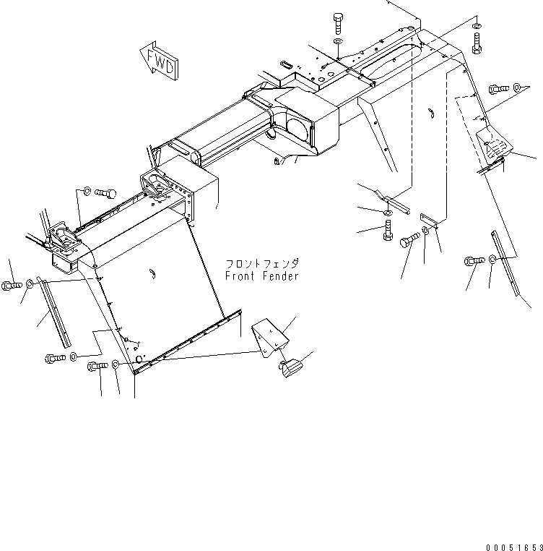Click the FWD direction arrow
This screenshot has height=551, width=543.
(158, 61)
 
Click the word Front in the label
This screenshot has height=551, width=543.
(240, 276)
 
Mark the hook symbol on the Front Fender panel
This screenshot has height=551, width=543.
(152, 272)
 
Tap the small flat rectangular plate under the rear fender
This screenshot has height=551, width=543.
(432, 219)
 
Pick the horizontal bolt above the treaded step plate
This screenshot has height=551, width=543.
(498, 88)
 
